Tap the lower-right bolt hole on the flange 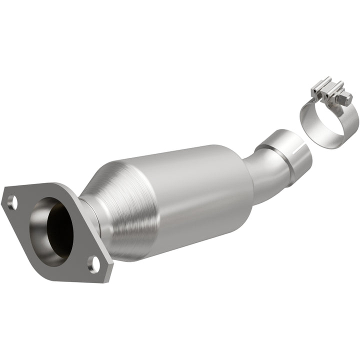coord(92,263)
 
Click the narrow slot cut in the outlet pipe coord(298,136)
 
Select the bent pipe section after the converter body coord(265,172)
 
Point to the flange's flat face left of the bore coord(25,220)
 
